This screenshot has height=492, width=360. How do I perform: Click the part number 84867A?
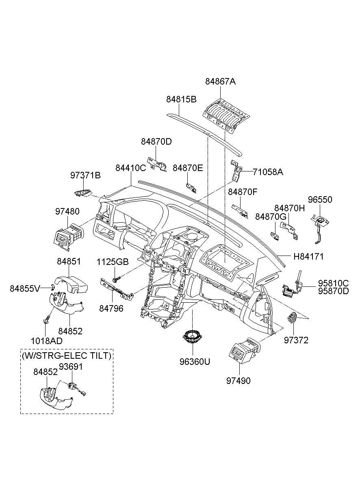pyautogui.click(x=220, y=82)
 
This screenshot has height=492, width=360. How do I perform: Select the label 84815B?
pyautogui.click(x=181, y=99)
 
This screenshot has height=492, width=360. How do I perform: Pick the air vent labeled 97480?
pyautogui.click(x=69, y=237)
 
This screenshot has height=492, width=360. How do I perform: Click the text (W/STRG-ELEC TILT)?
pyautogui.click(x=67, y=355)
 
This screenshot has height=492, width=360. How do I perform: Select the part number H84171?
pyautogui.click(x=309, y=256)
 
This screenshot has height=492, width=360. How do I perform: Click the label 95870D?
pyautogui.click(x=334, y=291)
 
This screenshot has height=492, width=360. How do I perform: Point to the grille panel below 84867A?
pyautogui.click(x=226, y=115)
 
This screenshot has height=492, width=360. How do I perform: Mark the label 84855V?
pyautogui.click(x=25, y=288)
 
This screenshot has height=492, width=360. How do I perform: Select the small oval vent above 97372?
pyautogui.click(x=292, y=318)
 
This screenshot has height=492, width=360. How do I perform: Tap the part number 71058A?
pyautogui.click(x=268, y=172)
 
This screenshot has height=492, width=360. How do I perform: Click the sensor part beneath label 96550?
pyautogui.click(x=320, y=229)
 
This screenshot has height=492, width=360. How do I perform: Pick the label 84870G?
pyautogui.click(x=271, y=217)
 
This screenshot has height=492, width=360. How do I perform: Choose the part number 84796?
pyautogui.click(x=111, y=308)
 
